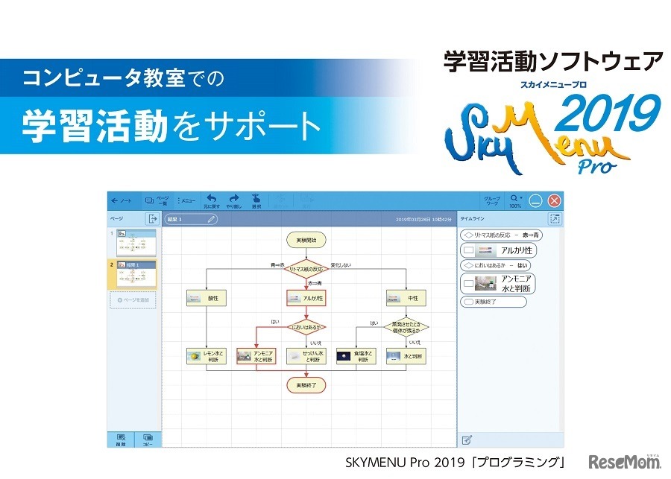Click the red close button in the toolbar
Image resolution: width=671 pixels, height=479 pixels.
554,200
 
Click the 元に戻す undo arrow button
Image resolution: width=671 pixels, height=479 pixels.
212,200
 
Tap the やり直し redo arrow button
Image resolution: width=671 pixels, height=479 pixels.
233,200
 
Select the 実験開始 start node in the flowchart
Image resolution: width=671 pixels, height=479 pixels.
306,240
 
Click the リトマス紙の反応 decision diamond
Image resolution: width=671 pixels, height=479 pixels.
306,269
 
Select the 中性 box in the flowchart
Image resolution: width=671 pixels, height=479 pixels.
406,298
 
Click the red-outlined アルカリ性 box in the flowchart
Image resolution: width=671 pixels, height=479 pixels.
306,298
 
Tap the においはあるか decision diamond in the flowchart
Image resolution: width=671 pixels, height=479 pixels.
306,326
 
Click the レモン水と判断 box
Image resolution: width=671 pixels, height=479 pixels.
206,356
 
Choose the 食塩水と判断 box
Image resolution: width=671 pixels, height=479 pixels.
356,356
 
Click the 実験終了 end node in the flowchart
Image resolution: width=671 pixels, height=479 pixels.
306,385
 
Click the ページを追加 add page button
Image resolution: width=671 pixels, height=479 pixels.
133,300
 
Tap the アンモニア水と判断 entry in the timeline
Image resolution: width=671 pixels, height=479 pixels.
497,283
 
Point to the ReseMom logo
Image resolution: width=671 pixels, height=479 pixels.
624,460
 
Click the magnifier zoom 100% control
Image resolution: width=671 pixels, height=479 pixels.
515,200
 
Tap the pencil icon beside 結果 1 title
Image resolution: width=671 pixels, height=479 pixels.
212,219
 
